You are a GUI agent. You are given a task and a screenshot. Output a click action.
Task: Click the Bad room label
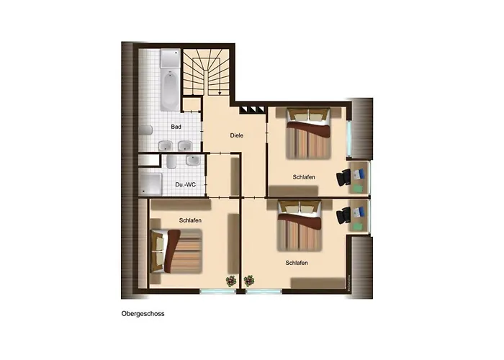[176, 127]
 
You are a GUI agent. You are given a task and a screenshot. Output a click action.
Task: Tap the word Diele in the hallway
[236, 135]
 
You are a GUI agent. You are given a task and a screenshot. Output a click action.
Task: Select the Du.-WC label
[185, 185]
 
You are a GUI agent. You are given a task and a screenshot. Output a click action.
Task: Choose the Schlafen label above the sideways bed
[190, 220]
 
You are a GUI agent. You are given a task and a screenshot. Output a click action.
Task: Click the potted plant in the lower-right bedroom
[249, 280]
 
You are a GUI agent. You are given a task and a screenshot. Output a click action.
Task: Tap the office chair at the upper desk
[344, 177]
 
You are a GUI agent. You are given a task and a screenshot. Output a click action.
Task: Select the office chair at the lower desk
[344, 215]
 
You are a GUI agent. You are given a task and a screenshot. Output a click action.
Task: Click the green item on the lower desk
[358, 224]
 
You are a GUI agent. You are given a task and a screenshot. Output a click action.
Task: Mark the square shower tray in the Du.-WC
[152, 183]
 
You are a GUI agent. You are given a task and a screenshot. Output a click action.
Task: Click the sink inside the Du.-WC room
[171, 161]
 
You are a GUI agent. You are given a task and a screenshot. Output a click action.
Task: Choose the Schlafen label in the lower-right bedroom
[297, 263]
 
